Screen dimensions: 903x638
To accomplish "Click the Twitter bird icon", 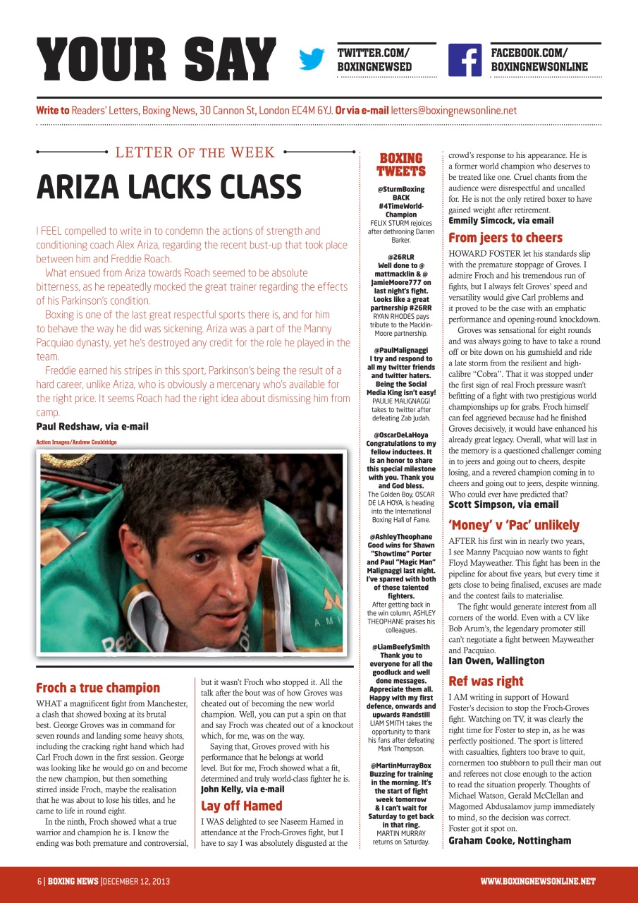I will tap(311, 60).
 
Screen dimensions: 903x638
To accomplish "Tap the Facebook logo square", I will tap(465, 60).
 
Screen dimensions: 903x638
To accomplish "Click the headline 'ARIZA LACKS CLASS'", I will tap(168, 186).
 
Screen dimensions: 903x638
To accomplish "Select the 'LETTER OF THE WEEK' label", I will tap(195, 152).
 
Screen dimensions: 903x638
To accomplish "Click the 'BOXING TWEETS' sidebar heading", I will tap(400, 164).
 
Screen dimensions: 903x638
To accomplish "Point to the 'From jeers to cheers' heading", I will tap(505, 238).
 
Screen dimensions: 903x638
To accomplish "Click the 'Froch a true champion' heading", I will tap(98, 688).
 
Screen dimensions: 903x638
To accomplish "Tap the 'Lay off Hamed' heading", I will tap(242, 806).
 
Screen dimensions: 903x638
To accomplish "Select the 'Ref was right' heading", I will tap(486, 681).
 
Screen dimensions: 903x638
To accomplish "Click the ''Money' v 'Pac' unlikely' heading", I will tap(514, 525).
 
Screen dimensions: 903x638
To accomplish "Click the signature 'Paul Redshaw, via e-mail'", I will tap(92, 426).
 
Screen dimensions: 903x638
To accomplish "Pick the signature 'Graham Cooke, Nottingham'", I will tap(510, 840).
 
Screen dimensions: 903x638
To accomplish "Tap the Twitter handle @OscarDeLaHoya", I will tap(400, 435).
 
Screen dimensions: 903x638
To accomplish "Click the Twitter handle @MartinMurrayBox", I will tap(400, 765).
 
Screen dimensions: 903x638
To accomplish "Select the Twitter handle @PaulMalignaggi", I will tap(400, 349).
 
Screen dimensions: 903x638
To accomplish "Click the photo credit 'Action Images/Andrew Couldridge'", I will tap(76, 442).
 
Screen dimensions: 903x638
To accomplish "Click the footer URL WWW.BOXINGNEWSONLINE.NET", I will tap(537, 881).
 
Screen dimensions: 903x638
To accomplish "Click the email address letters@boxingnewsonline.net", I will tap(453, 111).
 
